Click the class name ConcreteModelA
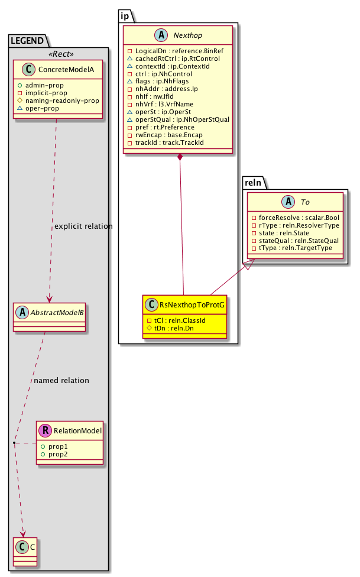[63, 71]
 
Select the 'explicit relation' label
[83, 226]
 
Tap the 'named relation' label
[61, 380]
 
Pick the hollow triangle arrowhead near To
[249, 265]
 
